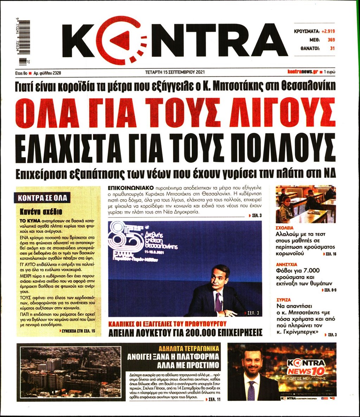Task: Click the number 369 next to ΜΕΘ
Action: point(331,40)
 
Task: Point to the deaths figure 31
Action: point(332,48)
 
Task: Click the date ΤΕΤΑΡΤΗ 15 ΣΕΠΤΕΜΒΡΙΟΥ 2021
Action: point(175,72)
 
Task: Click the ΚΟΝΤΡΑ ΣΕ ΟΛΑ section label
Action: point(43,198)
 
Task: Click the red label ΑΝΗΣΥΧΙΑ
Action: point(286,264)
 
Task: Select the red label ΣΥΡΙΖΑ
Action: point(283,300)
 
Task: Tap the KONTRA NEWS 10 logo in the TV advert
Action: point(306,367)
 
